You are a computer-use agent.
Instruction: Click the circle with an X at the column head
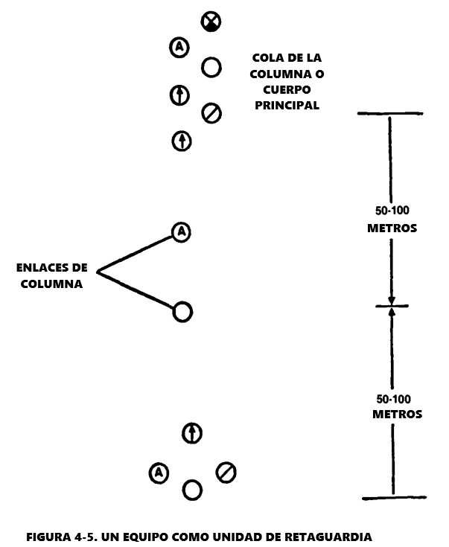coord(211,22)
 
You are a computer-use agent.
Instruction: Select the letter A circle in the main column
coord(179,48)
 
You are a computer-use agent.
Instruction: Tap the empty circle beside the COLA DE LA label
coord(211,68)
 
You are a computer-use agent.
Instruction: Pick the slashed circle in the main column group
coord(211,113)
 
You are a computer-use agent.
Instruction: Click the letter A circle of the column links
coord(180,232)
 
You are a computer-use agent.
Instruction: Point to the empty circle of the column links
coord(182,312)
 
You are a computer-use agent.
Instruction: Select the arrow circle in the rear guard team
coord(192,432)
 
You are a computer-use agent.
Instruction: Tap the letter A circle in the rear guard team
coord(158,472)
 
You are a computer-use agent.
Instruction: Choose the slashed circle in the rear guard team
coord(226,472)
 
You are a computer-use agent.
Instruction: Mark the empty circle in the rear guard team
coord(192,489)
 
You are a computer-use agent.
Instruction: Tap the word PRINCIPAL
coord(287,106)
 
